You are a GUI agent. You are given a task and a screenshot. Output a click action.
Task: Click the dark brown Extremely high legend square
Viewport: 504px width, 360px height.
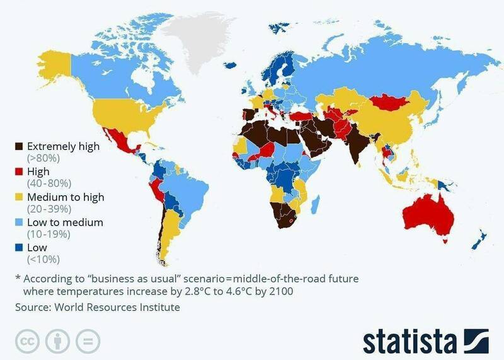tap(19, 146)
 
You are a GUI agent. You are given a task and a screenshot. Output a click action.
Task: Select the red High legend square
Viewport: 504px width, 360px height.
tap(19, 171)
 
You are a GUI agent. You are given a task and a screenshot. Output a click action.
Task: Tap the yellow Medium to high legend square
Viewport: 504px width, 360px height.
tap(19, 197)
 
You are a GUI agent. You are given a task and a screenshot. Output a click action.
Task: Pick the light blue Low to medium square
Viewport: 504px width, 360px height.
tap(19, 223)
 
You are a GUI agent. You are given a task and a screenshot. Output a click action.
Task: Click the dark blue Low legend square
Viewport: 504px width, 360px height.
tap(19, 248)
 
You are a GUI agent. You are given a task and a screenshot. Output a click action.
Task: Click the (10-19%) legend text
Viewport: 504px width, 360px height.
tap(48, 234)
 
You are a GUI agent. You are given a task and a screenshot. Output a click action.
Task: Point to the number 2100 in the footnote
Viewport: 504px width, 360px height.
tap(280, 292)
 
